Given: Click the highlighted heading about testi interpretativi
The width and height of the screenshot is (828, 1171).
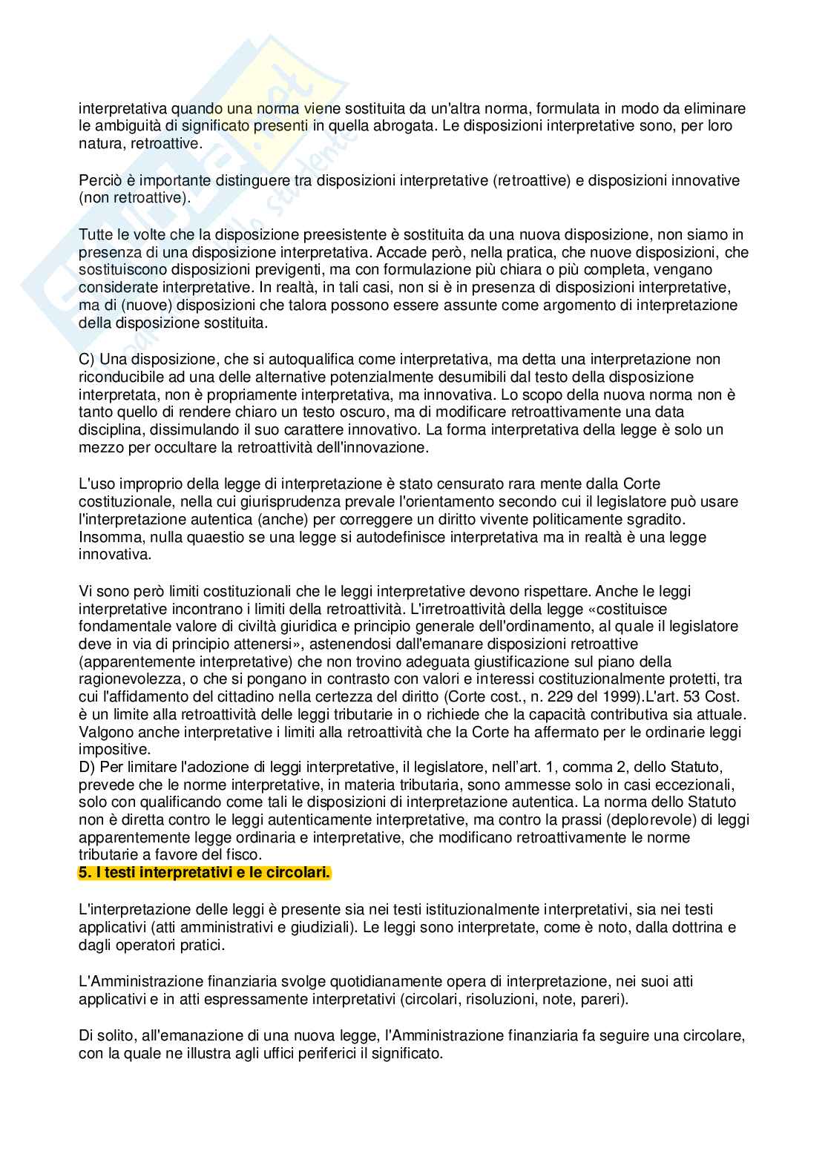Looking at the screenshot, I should pos(204,873).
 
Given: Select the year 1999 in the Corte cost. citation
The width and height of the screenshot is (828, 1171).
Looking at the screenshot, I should pos(575,696).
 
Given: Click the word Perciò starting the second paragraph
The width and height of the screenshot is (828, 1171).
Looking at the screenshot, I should pos(98,180).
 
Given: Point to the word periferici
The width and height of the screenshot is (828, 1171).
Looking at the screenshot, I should pos(280,1053).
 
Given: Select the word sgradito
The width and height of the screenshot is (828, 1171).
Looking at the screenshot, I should pos(654,519).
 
